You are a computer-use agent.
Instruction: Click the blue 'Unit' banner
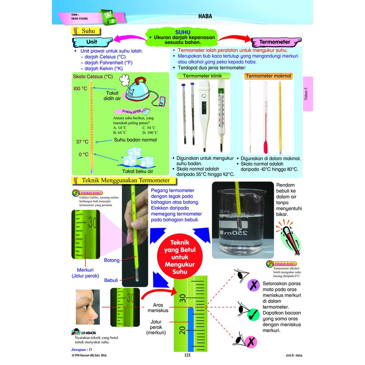click(92, 42)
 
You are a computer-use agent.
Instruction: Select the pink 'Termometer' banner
click(275, 42)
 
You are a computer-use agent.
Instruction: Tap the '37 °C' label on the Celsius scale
click(82, 142)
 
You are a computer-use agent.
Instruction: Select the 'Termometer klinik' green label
click(204, 76)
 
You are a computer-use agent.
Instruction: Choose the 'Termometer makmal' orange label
click(268, 76)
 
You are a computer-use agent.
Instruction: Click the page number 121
click(188, 355)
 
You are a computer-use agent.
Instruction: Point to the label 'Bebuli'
click(111, 280)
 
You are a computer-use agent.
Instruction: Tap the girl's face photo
click(87, 307)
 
